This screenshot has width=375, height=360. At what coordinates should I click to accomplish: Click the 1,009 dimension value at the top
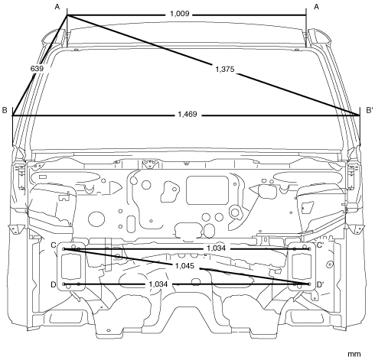[x=180, y=14]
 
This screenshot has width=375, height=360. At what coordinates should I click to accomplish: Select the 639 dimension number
[x=37, y=68]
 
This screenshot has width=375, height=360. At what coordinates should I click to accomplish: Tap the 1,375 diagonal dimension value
[x=225, y=69]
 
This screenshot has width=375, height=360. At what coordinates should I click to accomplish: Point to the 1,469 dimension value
[x=187, y=114]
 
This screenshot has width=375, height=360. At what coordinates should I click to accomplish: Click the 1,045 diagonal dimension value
[x=184, y=266]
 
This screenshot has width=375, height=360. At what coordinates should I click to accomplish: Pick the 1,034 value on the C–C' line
[x=216, y=248]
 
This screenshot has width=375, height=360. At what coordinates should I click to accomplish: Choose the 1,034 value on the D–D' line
[x=158, y=284]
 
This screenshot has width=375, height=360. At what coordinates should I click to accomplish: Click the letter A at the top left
[x=57, y=7]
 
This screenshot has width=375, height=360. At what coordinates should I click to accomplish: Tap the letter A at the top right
[x=316, y=7]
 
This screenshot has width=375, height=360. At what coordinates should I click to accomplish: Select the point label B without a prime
[x=5, y=110]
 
